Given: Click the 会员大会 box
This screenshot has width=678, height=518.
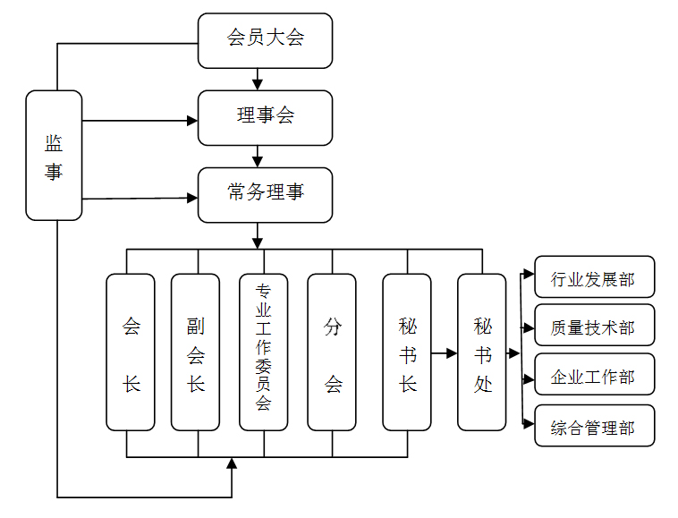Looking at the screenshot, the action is [265, 40].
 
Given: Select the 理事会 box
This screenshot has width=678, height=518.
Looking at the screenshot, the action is [265, 118].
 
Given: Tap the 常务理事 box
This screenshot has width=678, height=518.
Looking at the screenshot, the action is [265, 195].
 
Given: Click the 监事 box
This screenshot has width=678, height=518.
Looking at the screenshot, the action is [54, 156].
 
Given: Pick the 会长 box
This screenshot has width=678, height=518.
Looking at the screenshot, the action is [131, 352].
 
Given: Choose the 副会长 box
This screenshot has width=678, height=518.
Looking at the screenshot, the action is [196, 352].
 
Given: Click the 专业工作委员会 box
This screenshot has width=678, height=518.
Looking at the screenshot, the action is [263, 352].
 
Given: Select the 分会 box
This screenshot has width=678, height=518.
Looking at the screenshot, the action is [332, 352].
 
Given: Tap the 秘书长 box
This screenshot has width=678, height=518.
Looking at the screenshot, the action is [407, 352].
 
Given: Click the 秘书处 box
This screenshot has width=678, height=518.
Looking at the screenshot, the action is [482, 352].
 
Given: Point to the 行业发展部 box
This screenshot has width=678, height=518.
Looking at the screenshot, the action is [595, 276].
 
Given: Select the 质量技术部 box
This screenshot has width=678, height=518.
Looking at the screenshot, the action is [595, 325].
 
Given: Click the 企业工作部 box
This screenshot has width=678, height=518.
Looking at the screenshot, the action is [595, 374].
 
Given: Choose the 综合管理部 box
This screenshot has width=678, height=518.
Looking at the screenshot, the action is [595, 426].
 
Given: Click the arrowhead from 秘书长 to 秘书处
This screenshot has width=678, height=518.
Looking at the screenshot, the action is [452, 353].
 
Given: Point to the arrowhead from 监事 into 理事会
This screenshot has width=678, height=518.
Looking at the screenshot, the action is [192, 121].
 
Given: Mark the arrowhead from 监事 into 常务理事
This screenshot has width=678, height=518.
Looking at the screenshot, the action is [192, 198].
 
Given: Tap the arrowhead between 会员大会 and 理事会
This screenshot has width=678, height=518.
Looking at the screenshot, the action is [258, 84].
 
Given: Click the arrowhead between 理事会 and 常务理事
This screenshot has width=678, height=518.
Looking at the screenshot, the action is [258, 162].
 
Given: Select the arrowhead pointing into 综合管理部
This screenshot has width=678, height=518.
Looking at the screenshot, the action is [529, 424].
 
